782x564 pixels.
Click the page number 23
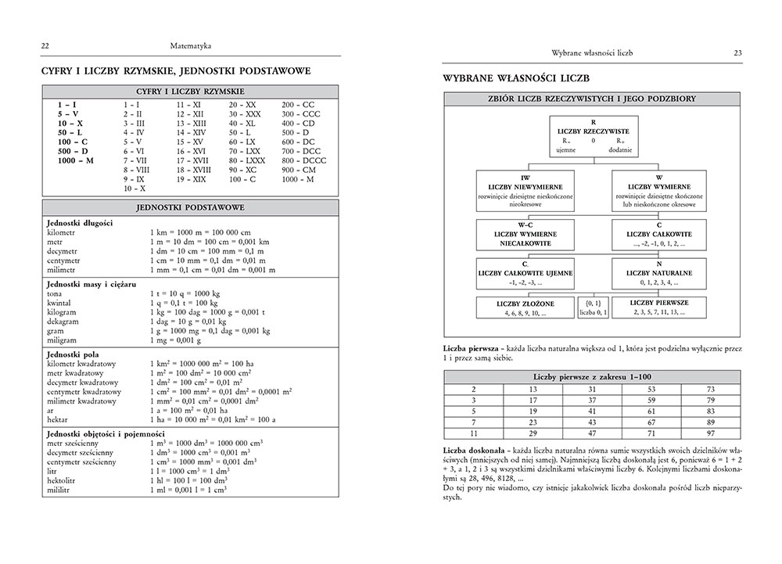point(737,53)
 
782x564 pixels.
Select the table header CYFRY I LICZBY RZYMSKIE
point(191,92)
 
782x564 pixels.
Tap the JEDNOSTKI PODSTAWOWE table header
point(191,207)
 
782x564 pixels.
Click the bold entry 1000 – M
point(76,160)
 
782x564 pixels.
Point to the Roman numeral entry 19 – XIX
point(191,179)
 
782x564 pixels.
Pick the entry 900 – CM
point(299,169)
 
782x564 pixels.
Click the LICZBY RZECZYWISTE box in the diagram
point(594,137)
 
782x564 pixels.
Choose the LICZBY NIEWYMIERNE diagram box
point(525,191)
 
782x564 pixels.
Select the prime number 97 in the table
point(710,433)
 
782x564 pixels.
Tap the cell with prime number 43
point(591,422)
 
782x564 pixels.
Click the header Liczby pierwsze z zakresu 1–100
point(592,377)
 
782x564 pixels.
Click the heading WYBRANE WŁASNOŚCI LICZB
point(515,79)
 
